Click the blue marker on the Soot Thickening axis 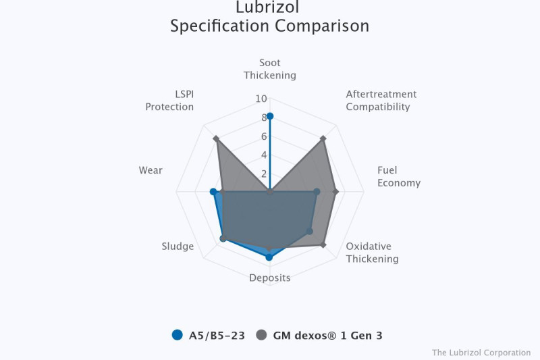click(270, 116)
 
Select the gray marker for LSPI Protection click(216, 138)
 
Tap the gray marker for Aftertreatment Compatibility click(323, 138)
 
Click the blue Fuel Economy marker click(317, 192)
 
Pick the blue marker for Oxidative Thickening click(310, 231)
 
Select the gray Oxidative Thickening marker click(323, 245)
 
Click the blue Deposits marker click(269, 257)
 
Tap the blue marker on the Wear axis click(213, 192)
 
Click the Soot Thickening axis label click(270, 69)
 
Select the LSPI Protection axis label click(169, 101)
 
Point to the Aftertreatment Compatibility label click(381, 101)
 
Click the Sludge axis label click(178, 247)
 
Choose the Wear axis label click(151, 170)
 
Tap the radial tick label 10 click(261, 99)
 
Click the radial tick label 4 click(264, 155)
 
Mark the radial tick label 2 click(264, 174)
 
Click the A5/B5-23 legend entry click(209, 335)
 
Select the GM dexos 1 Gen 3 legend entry click(319, 335)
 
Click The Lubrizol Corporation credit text click(481, 353)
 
